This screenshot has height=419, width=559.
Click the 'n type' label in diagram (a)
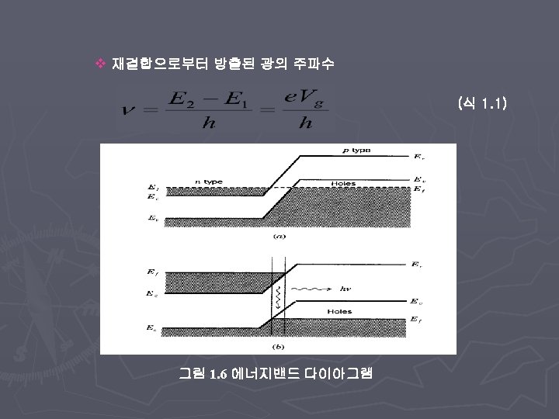pos(208,182)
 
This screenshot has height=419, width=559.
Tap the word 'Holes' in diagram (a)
pos(342,183)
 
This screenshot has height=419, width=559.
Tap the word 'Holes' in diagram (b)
pos(339,311)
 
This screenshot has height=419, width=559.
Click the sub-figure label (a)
pos(277,234)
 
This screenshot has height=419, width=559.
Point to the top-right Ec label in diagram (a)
pos(419,157)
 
